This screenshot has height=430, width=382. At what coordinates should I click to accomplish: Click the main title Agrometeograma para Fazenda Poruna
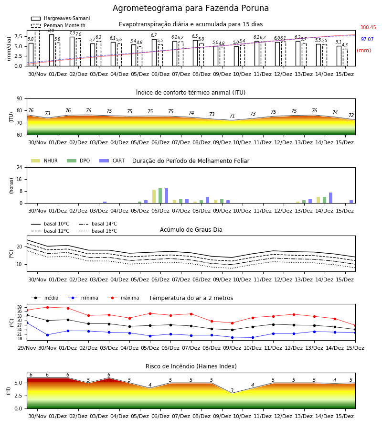click(x=191, y=8)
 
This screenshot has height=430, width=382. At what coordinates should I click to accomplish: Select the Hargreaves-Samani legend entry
click(x=61, y=18)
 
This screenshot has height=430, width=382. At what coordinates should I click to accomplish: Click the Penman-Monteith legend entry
click(x=58, y=25)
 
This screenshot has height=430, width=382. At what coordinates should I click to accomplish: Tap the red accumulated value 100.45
click(x=368, y=27)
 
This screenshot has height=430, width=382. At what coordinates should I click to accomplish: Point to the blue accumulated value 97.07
click(x=367, y=39)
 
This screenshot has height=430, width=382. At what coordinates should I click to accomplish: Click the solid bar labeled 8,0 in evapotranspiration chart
click(x=52, y=50)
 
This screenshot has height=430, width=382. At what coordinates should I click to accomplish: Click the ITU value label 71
click(x=233, y=116)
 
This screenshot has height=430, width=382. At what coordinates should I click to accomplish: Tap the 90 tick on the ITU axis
click(x=20, y=99)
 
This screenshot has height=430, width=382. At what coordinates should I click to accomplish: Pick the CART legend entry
click(x=112, y=161)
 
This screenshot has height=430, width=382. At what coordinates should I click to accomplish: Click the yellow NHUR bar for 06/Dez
click(x=154, y=196)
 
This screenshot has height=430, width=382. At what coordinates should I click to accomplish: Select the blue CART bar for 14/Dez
click(x=331, y=198)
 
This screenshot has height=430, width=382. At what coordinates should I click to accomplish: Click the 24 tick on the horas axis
click(x=20, y=167)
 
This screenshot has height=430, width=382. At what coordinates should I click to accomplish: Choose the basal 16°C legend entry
click(x=98, y=231)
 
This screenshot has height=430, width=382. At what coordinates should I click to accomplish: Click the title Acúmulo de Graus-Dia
click(x=191, y=230)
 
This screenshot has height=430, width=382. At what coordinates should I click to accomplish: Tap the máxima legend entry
click(x=123, y=298)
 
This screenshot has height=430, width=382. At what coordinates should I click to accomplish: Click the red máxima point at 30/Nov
click(x=47, y=307)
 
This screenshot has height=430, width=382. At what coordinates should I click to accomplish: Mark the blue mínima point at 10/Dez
click(x=253, y=338)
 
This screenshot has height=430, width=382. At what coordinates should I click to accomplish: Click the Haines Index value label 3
click(x=232, y=390)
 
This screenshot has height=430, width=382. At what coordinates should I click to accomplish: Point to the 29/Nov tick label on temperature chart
click(x=27, y=348)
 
